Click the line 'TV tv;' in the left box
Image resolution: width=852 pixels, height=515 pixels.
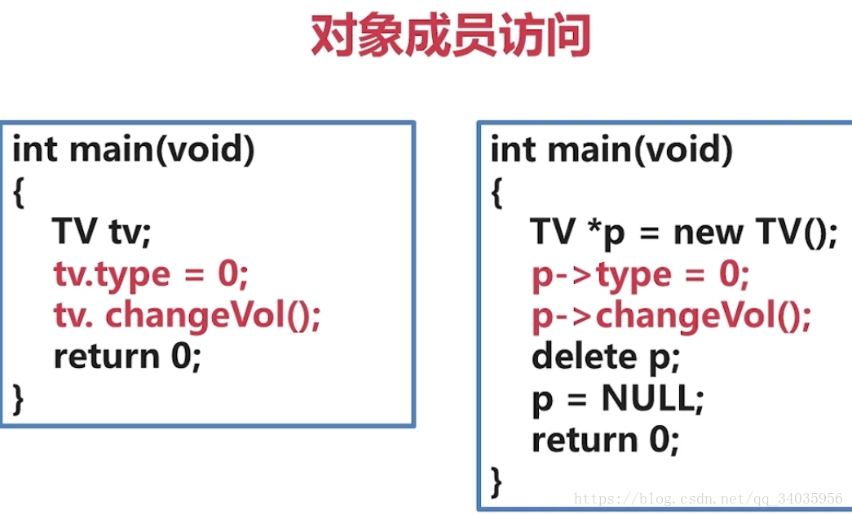coord(102,233)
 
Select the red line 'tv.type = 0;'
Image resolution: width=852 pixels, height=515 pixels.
coord(150,274)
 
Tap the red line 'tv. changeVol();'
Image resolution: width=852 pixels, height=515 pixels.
coord(188,316)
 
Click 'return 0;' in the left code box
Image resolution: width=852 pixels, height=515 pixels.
coord(126,357)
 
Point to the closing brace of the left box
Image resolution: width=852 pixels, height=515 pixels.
coord(20,399)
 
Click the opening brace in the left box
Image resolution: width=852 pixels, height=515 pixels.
coord(20,193)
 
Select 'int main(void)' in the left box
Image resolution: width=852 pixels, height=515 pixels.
coord(134,150)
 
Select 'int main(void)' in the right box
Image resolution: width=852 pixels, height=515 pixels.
coord(611,150)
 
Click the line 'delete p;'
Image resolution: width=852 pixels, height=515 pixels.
coord(605,357)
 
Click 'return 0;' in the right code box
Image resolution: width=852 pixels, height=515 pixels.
coord(605,441)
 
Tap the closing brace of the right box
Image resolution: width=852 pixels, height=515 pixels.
coord(497,482)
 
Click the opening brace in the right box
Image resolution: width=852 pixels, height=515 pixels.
coord(497,193)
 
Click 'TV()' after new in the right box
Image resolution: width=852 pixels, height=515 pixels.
coord(792,233)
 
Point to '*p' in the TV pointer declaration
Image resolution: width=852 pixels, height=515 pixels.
coord(604,233)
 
